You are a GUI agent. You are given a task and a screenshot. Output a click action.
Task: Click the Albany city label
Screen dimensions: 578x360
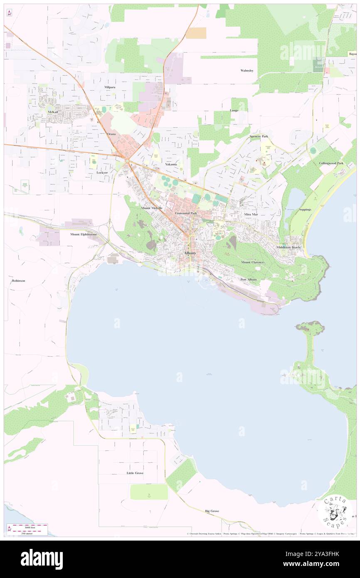(190, 253)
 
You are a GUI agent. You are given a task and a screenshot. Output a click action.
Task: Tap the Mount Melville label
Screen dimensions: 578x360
(151, 207)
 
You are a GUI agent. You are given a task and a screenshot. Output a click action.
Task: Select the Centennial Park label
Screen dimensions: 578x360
(186, 213)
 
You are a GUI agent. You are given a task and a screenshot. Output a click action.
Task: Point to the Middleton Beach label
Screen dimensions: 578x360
(288, 247)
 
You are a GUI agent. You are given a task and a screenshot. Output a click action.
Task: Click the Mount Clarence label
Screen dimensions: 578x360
(252, 262)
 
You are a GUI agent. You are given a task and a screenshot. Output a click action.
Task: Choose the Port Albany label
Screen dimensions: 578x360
(249, 279)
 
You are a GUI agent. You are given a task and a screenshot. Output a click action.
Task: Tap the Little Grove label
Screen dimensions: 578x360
(135, 473)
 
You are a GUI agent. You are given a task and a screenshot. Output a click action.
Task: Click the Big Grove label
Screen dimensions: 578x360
(212, 511)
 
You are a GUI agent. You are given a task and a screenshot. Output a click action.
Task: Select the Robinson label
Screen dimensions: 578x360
(19, 281)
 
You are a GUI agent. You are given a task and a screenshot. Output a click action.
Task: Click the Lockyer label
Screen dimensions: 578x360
(102, 172)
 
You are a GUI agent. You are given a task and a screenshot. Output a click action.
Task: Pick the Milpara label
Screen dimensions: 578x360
(110, 87)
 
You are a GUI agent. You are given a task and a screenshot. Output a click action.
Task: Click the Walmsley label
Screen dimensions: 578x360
(247, 71)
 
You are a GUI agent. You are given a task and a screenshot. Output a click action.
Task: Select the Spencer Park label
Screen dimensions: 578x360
(259, 136)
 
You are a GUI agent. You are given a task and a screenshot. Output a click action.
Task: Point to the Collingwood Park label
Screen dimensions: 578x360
(331, 163)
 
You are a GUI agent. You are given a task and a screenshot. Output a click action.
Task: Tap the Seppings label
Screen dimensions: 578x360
(305, 209)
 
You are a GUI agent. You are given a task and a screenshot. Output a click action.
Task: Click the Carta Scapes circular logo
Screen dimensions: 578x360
(335, 511)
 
